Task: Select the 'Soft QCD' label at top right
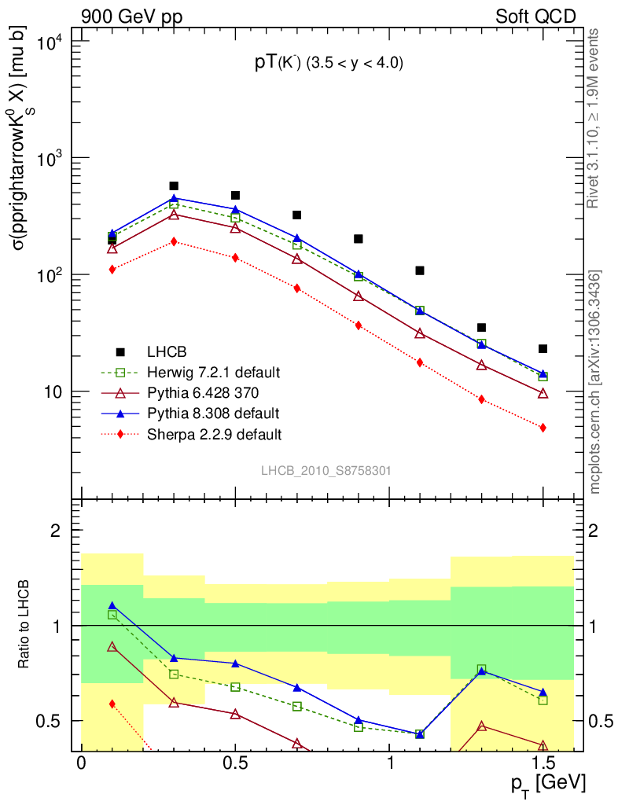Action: [536, 17]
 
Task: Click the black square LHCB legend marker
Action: [120, 351]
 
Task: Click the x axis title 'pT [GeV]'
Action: [546, 784]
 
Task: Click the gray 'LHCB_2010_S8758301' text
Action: [326, 470]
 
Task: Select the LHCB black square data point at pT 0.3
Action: [174, 186]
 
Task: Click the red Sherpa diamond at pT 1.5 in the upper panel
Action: [543, 428]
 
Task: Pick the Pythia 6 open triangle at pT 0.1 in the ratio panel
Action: [112, 647]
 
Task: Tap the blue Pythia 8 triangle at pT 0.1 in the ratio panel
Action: [112, 606]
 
